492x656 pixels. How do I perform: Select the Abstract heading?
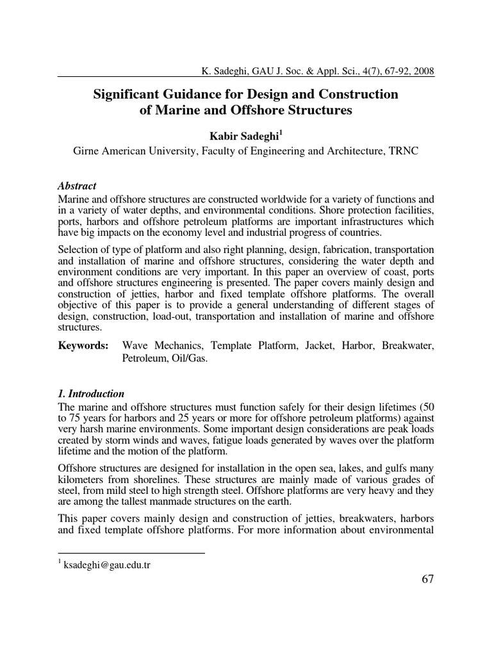pyautogui.click(x=77, y=186)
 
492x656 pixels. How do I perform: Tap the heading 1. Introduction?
pyautogui.click(x=91, y=393)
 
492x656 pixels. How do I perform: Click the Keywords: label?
pyautogui.click(x=83, y=346)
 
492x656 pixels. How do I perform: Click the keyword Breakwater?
pyautogui.click(x=407, y=346)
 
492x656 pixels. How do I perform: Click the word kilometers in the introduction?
pyautogui.click(x=81, y=479)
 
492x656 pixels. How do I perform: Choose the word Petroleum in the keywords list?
pyautogui.click(x=144, y=359)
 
